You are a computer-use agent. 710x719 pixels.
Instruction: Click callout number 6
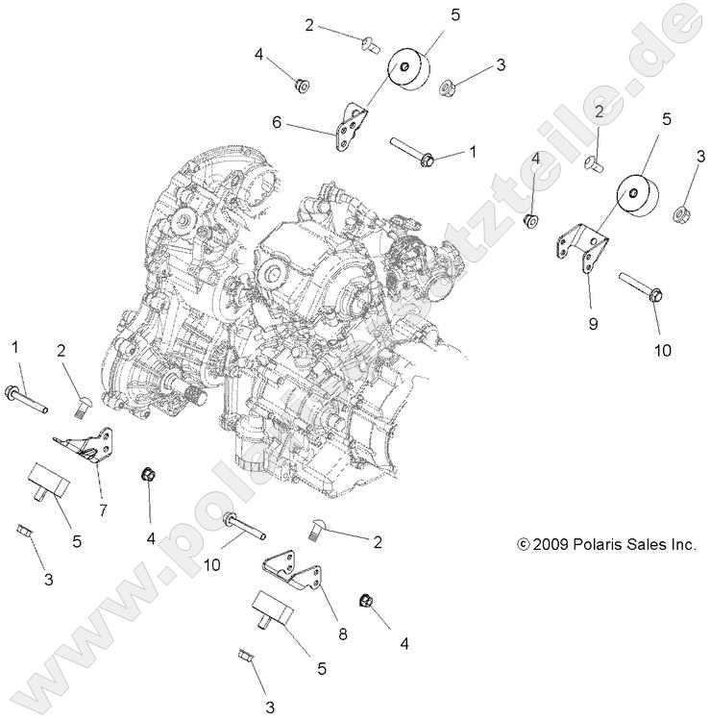pos(277,122)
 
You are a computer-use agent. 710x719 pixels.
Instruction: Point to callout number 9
pos(593,324)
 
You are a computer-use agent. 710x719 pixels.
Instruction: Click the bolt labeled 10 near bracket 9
pos(638,286)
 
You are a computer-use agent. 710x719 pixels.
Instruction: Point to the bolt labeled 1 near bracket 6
pos(412,152)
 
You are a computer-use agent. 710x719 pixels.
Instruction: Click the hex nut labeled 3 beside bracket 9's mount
pos(683,211)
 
